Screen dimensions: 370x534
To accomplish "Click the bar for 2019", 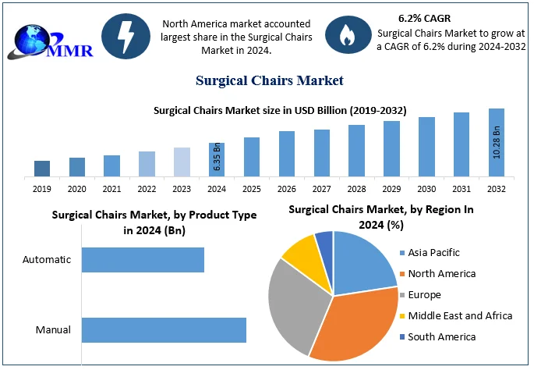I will (42, 169).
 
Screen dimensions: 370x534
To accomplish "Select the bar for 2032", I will (497, 143).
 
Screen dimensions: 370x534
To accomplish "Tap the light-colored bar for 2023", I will (182, 162).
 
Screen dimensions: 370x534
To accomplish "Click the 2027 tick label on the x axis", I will (321, 189).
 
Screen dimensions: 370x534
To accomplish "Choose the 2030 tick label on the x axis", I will (426, 189).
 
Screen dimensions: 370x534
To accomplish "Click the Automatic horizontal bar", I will (143, 260).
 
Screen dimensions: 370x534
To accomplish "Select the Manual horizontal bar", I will (164, 329).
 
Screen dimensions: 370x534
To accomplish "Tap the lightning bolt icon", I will (125, 34).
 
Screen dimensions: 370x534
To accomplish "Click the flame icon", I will (344, 34).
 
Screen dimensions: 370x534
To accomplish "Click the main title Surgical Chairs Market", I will (267, 80).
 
